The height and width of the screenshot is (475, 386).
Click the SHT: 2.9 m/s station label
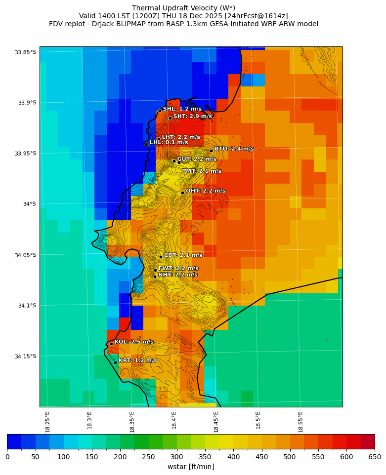(x=192, y=117)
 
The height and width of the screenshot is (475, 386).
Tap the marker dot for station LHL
(x=146, y=144)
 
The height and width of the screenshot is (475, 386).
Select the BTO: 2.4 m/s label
(x=234, y=149)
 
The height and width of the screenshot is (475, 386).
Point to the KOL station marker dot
(x=111, y=344)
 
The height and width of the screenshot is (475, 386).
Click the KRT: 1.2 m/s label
(x=137, y=360)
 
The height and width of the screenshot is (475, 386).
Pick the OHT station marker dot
(x=182, y=193)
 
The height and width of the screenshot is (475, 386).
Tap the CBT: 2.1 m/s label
(x=183, y=255)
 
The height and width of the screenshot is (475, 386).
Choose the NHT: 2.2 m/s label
(x=177, y=275)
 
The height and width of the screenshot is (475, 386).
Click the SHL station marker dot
(x=160, y=111)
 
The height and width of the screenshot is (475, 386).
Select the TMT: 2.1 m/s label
(x=202, y=171)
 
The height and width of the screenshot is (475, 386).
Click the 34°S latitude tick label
(x=29, y=204)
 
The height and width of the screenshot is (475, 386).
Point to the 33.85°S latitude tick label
(x=25, y=52)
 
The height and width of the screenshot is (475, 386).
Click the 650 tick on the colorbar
(x=375, y=457)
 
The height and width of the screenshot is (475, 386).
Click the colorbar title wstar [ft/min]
(x=191, y=467)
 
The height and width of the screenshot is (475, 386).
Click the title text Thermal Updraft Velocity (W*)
(x=183, y=8)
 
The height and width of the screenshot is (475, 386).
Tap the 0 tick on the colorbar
(x=7, y=457)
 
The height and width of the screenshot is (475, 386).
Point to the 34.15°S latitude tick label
(x=25, y=356)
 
